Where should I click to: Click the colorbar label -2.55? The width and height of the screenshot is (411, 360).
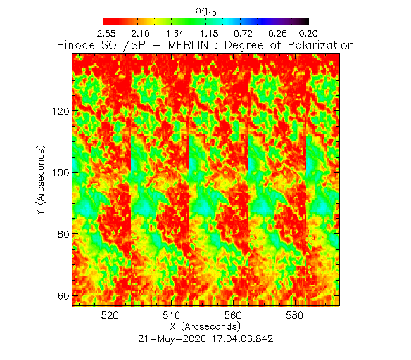point(103,34)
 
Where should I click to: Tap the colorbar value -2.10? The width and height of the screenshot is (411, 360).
point(137,34)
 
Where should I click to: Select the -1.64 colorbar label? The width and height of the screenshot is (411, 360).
point(172,34)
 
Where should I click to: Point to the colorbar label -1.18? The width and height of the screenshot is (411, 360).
point(205,34)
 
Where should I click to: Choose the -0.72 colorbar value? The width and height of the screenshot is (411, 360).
point(240,34)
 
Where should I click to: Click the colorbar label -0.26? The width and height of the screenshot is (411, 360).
point(274,34)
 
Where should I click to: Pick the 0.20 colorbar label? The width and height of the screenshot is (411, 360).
point(308,34)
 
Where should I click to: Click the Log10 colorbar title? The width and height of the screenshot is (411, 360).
point(203,11)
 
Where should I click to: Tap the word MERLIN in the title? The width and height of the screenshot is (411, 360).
point(188,45)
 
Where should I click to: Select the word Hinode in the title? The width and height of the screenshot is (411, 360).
point(76,45)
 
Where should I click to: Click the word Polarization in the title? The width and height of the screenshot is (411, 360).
point(321,45)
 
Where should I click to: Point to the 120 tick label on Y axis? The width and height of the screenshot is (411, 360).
point(61,112)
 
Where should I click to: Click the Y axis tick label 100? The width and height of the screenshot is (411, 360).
point(61,173)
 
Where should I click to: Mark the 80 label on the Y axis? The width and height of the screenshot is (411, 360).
point(63,234)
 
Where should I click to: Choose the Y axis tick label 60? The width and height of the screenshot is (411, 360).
point(63,296)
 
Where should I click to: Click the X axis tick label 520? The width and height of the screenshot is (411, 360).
point(110,315)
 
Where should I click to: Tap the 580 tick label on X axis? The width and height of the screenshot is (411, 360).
point(294,315)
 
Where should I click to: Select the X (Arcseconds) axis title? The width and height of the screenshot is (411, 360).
point(205,327)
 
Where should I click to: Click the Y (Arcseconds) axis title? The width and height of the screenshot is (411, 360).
point(41,181)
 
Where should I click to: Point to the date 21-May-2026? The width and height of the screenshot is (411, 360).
point(172,339)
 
